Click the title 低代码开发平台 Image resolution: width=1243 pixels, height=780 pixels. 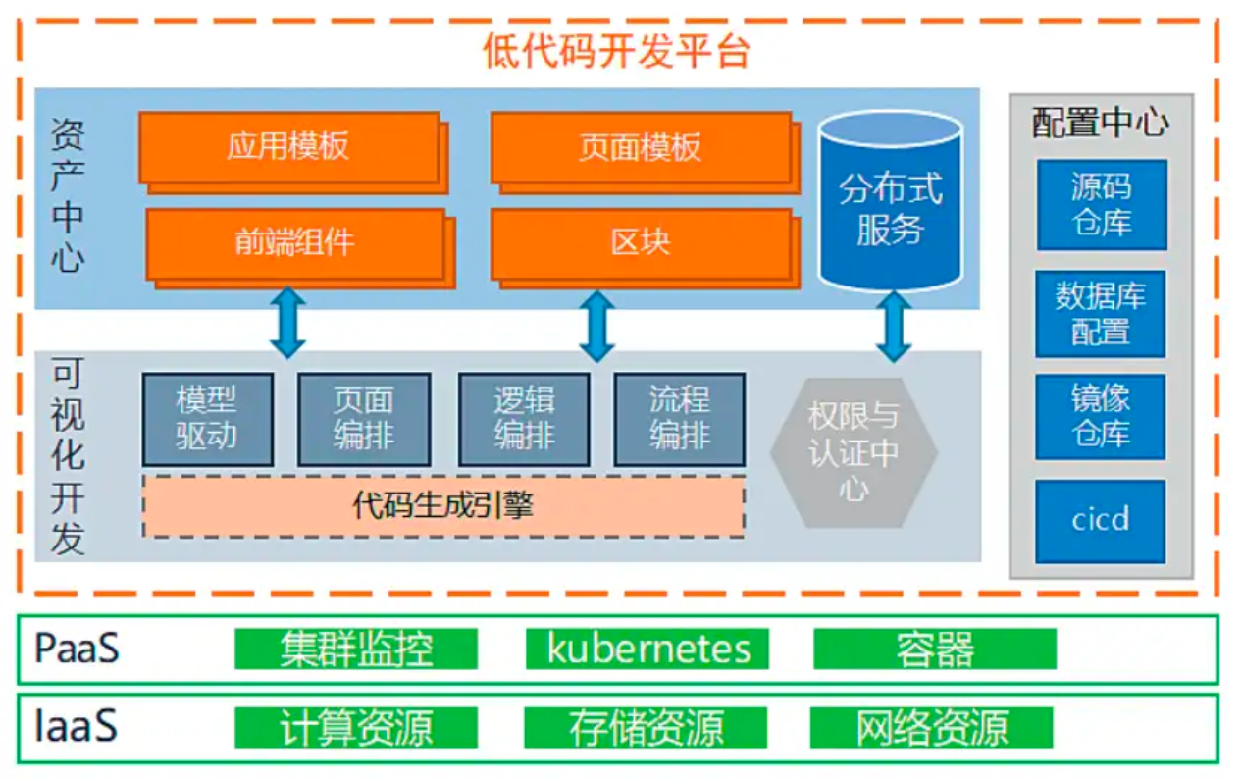tap(616, 51)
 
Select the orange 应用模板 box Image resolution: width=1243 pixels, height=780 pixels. tap(288, 147)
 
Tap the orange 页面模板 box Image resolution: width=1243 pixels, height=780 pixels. tap(641, 147)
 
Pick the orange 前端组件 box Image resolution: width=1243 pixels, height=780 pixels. tap(294, 242)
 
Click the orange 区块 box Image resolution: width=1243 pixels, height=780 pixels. tap(641, 242)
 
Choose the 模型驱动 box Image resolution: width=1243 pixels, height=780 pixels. tap(207, 419)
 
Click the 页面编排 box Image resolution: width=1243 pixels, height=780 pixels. tap(364, 419)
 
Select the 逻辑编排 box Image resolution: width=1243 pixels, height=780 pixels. tap(524, 419)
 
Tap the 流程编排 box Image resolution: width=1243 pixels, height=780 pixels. tap(679, 419)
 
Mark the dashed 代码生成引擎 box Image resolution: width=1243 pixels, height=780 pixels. tap(443, 506)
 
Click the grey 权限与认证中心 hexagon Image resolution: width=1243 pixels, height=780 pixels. tap(854, 452)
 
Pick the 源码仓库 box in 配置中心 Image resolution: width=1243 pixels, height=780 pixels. tap(1102, 205)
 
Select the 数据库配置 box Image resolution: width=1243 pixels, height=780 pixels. tap(1101, 314)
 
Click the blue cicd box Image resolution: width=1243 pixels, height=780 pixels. tap(1101, 520)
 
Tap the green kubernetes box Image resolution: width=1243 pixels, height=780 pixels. tap(647, 650)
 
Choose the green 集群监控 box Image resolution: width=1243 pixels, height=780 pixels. tap(356, 650)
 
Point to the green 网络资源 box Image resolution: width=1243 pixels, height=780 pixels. tap(932, 729)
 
